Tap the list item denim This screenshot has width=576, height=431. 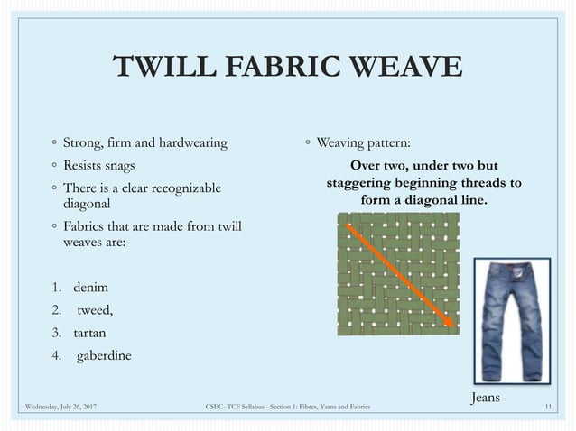point(90,288)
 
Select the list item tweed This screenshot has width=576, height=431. point(96,310)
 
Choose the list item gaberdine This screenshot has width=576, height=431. point(103,355)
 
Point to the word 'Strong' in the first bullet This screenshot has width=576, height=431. point(81,142)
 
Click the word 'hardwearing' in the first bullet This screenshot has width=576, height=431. point(192,142)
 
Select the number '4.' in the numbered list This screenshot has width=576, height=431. point(56,355)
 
